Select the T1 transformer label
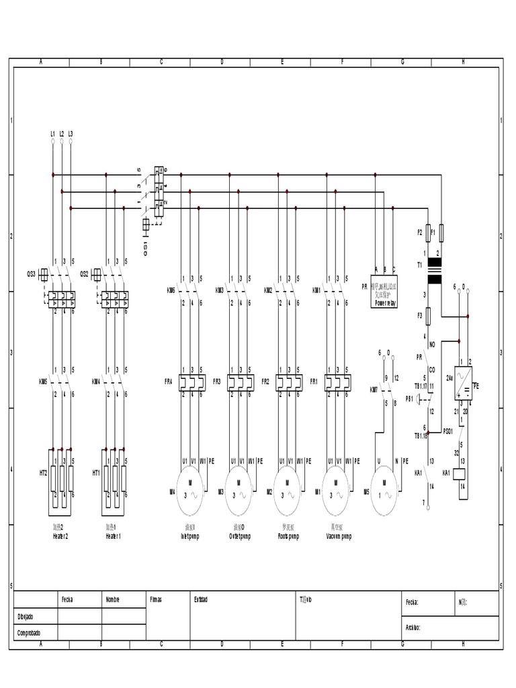[x=419, y=265]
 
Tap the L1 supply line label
[x=52, y=134]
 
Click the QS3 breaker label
[x=31, y=273]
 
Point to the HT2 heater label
[x=43, y=473]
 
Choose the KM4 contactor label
[x=95, y=382]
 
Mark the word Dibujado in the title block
[x=26, y=616]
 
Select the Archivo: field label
[x=413, y=628]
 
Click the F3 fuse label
[x=419, y=314]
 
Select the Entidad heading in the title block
[x=201, y=599]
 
